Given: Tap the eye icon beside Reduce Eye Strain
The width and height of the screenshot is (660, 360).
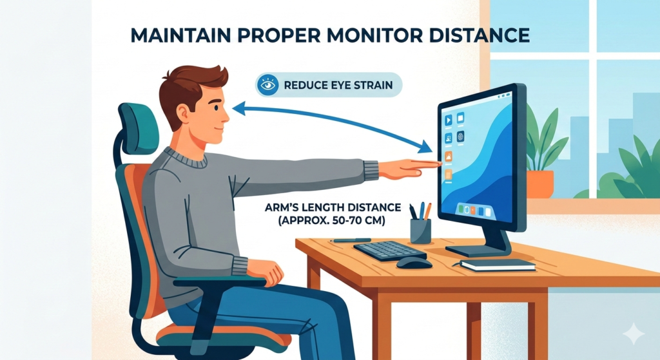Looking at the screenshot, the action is coord(267,86).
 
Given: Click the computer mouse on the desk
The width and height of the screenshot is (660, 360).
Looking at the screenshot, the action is coord(414,263).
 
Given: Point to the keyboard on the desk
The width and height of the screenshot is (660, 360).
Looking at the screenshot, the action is coord(390,251).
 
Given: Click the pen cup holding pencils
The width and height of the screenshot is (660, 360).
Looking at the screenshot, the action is coord(420,231).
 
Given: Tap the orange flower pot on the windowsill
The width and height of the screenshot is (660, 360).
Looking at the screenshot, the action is coord(540,184).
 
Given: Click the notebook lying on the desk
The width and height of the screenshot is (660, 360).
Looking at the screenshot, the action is coord(498,265).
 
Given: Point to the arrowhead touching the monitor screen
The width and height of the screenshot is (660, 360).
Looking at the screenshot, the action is coord(425,147).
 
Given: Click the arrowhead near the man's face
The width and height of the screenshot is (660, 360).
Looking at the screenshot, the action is coord(238,108).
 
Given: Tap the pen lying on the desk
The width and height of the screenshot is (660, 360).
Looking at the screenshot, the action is coord(350,241).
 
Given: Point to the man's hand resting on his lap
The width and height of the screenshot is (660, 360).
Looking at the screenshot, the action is coord(265,271).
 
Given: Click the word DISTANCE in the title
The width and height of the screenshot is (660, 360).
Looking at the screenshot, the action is coord(479,35).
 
